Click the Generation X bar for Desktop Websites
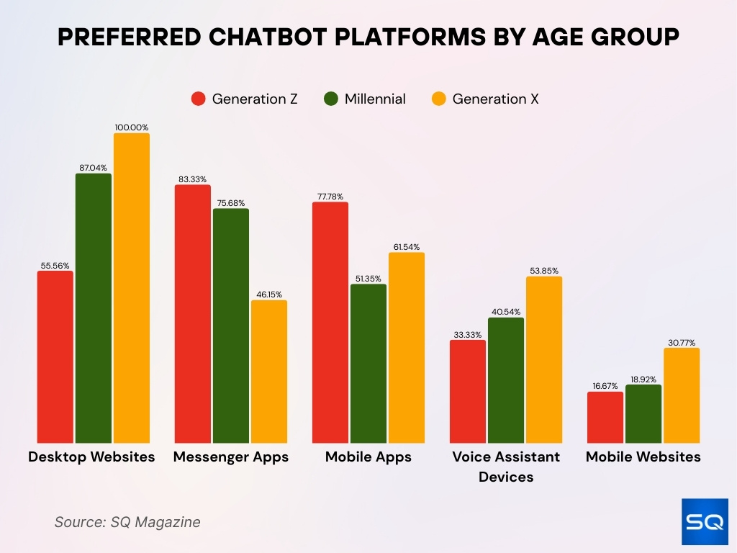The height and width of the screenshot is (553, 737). click(132, 288)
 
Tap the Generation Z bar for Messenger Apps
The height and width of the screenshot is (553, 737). click(193, 314)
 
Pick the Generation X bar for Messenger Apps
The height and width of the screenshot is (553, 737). click(269, 372)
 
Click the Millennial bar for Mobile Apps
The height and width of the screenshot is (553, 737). click(368, 364)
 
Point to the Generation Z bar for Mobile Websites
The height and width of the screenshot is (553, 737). click(605, 418)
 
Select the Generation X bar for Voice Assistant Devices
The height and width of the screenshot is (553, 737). click(544, 360)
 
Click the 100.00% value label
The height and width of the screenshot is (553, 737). click(132, 127)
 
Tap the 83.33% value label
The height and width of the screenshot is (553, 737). click(193, 179)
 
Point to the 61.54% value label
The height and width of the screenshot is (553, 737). click(407, 247)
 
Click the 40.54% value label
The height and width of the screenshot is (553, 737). click(506, 312)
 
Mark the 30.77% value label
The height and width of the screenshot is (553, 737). click(682, 343)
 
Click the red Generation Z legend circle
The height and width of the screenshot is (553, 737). click(198, 99)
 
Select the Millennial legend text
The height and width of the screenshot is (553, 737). click(375, 99)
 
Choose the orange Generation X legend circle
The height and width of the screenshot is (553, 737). click(438, 99)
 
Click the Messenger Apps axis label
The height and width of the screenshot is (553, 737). click(231, 457)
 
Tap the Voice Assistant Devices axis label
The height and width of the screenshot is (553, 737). click(506, 467)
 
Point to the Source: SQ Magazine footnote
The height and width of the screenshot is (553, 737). click(127, 522)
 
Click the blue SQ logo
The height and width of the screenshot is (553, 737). click(705, 521)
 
